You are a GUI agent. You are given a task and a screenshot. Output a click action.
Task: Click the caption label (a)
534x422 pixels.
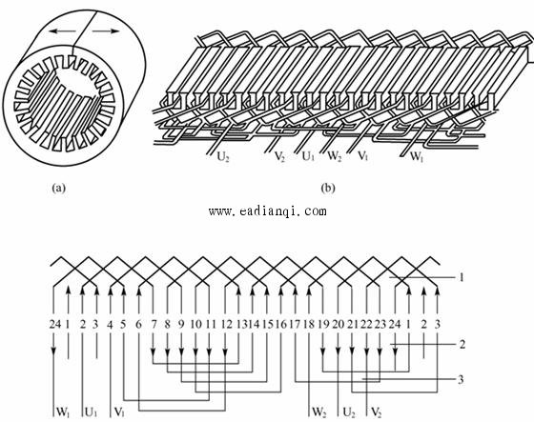[58, 189]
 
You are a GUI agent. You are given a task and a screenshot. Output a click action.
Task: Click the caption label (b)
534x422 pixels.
[328, 189]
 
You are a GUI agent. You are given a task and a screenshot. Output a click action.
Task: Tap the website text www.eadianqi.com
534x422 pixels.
[268, 211]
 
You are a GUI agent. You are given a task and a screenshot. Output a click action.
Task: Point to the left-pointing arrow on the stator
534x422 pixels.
[62, 31]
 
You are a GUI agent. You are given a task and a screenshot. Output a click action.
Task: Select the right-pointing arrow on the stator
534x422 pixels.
[106, 31]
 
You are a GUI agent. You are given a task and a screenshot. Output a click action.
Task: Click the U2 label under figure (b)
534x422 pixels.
[223, 157]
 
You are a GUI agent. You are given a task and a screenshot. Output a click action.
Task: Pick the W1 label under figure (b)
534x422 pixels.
[416, 156]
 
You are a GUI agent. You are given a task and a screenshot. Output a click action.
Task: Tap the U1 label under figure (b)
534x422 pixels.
[308, 156]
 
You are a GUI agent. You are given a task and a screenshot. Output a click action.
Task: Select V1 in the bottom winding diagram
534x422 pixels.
[119, 412]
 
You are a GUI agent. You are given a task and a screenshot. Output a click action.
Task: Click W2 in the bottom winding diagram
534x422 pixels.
[318, 412]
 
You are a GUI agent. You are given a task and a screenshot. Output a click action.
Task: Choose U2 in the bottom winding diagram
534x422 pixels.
[349, 412]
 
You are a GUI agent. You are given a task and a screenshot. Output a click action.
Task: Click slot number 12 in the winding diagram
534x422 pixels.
[227, 324]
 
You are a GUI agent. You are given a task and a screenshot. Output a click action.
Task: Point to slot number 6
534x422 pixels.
[138, 324]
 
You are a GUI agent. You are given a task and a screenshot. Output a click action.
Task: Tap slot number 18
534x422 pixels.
[309, 324]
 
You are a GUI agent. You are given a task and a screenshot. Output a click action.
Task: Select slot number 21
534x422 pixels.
[353, 324]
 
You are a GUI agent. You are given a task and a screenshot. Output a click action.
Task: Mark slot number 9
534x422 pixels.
[181, 324]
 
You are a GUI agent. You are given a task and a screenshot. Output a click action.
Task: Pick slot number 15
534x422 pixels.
[269, 324]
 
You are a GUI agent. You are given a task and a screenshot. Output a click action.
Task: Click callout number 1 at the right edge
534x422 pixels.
[462, 278]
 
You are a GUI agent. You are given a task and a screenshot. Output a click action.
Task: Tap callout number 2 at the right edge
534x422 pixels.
[462, 345]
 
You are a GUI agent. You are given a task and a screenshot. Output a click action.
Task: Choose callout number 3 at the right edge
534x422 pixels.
[461, 379]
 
